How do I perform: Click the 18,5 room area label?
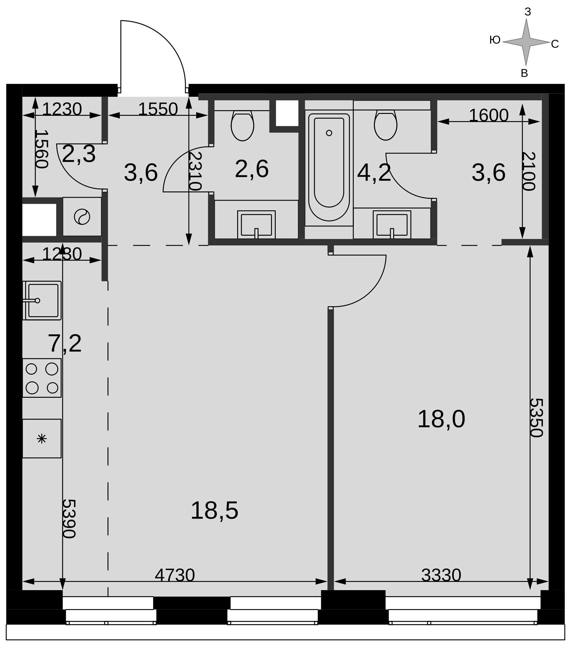coord(214,511)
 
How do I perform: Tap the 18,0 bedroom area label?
coord(441,419)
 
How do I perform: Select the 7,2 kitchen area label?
coord(64,344)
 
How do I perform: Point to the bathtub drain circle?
coord(329,133)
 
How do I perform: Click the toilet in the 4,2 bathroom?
coord(386,125)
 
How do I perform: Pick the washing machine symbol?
coord(82,217)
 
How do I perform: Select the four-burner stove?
coord(42,378)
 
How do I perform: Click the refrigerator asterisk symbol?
coord(42,439)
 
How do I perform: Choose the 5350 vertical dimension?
coord(536,418)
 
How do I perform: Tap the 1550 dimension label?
coord(158,109)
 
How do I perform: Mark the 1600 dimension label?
coord(488,115)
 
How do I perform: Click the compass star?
coord(526,42)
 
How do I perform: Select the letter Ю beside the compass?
coord(495,40)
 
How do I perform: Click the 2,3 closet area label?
coord(79,154)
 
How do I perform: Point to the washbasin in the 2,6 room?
coord(256,225)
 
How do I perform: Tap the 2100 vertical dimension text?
coord(529,171)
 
